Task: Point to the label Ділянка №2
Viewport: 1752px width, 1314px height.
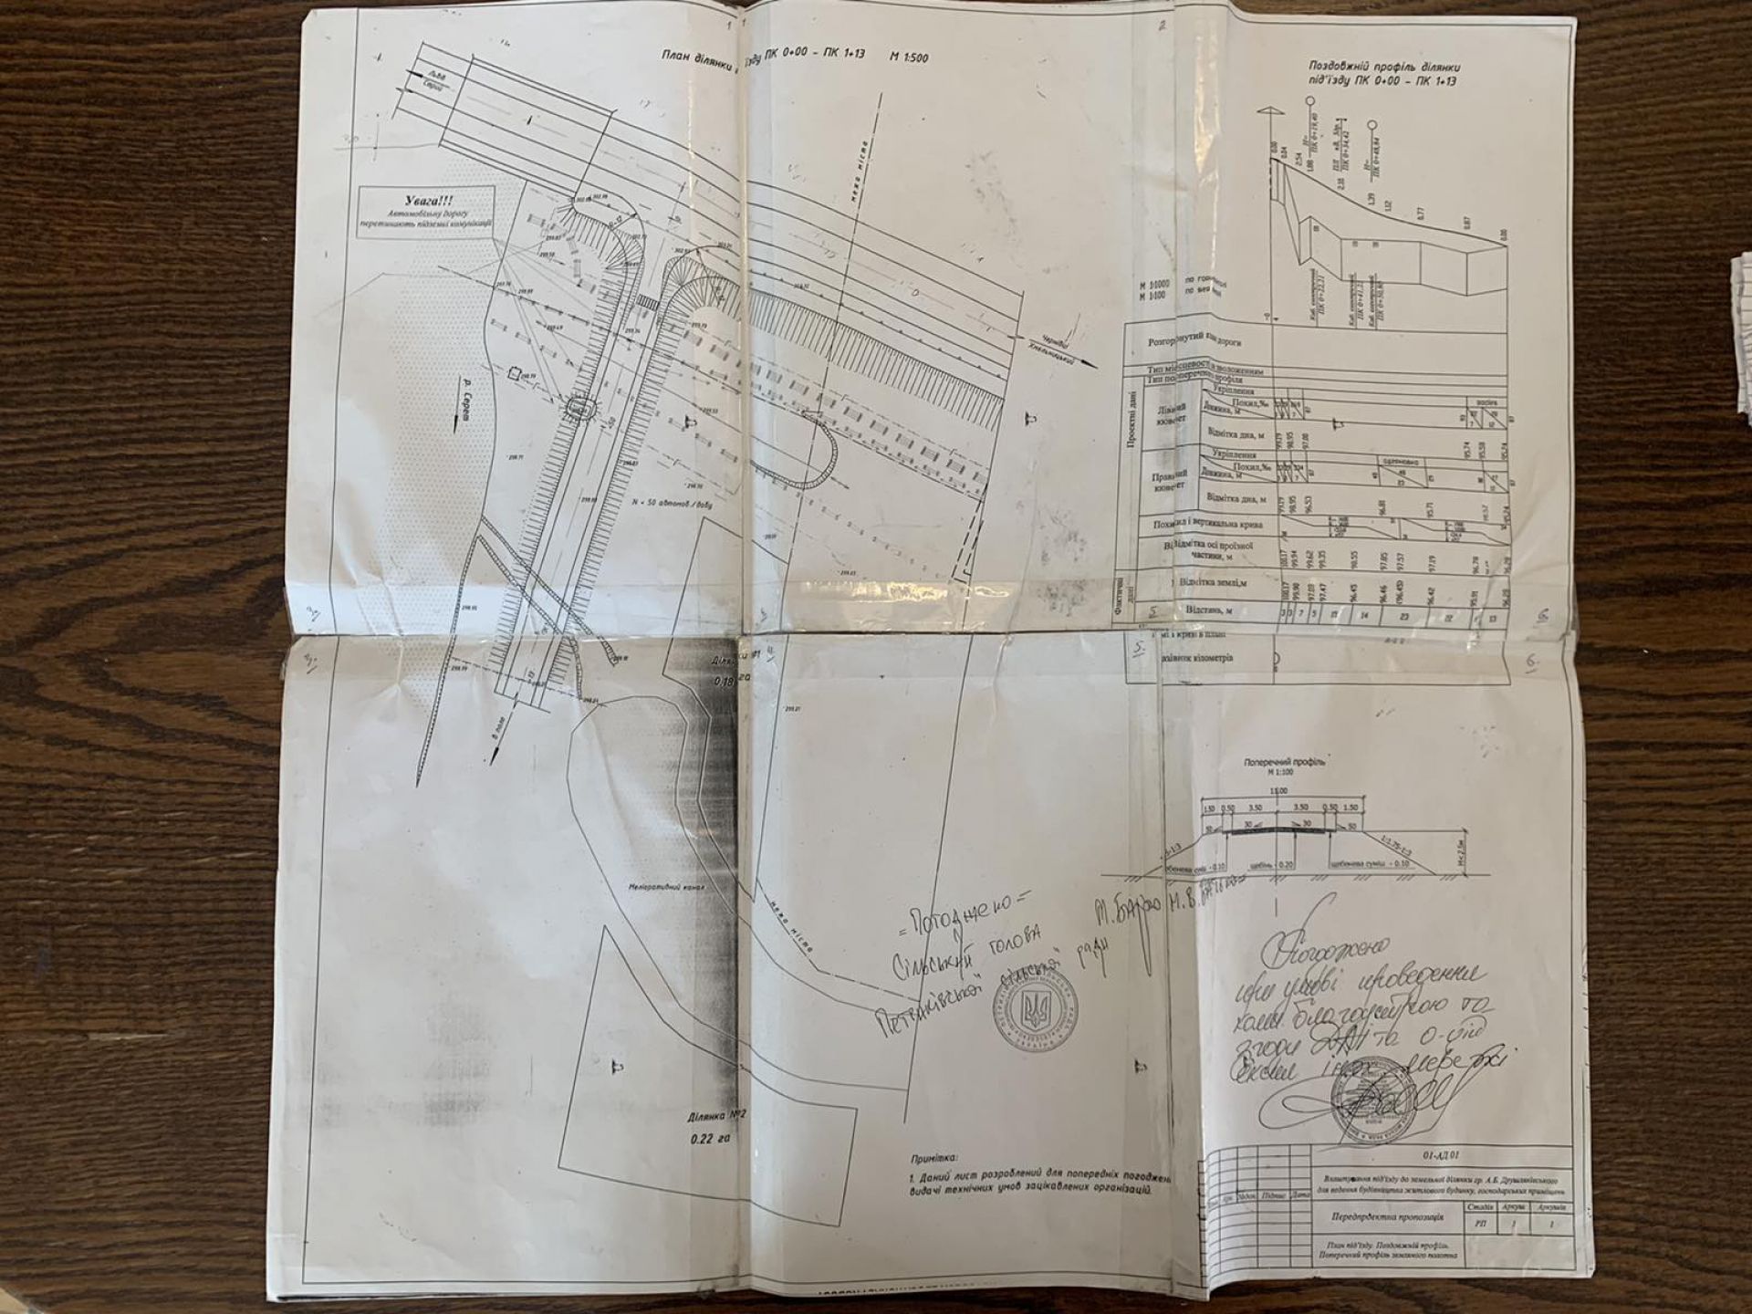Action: [718, 1116]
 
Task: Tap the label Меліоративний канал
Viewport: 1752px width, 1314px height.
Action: [655, 886]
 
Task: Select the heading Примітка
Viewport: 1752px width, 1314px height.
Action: [933, 1157]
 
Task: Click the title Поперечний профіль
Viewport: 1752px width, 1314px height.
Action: [1277, 760]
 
